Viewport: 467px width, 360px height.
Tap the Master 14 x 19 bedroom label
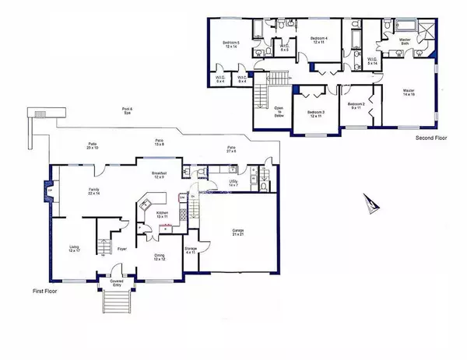coord(408,93)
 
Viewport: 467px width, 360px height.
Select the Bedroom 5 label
coord(231,45)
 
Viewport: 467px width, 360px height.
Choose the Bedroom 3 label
coord(314,114)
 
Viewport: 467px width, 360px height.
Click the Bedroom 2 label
coord(356,105)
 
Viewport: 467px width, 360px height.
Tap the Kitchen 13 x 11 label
coord(162,215)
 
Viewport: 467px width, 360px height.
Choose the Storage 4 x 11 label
coord(190,250)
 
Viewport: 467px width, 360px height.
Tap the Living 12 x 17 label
coord(74,249)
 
